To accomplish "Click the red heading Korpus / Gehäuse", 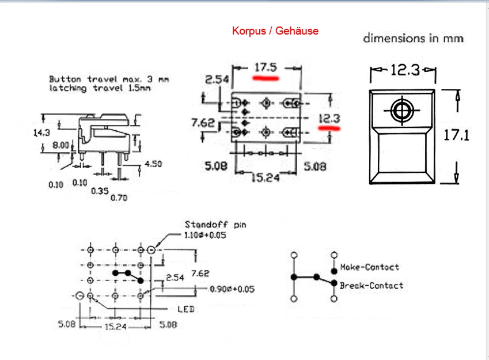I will coord(275,31).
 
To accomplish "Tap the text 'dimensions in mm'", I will coord(413,39).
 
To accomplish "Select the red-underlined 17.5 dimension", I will coord(266,67).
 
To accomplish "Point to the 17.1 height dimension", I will coord(457,135).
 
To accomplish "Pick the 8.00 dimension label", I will coord(60,145).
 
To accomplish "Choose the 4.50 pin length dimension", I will coord(153,164).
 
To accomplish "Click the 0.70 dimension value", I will coord(119,198).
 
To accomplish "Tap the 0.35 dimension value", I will coord(100,190).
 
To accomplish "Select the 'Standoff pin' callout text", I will coord(215,225).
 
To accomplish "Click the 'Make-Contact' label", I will coord(369,267).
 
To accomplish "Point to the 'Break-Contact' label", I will coord(372,285).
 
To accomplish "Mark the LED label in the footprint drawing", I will coord(185,309).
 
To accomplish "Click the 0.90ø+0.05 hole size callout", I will coord(232,289).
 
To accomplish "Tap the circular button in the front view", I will coord(401,111).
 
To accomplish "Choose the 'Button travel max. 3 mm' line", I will coord(109,79).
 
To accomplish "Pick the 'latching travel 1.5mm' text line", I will coord(100,88).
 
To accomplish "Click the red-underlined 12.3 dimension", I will coord(329,119).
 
